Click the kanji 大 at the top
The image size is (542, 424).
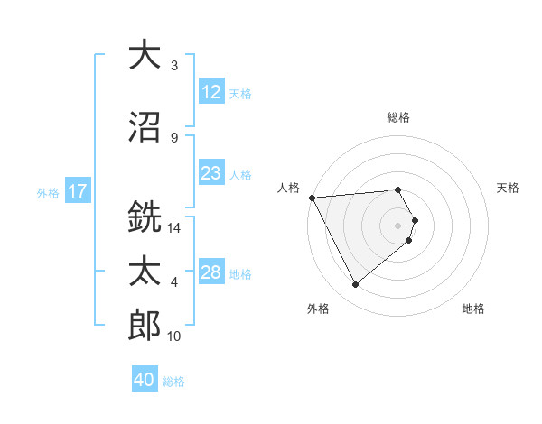click(x=145, y=55)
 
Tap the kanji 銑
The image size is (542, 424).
click(x=145, y=217)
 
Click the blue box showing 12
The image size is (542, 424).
click(x=211, y=93)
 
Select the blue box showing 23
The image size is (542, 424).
click(x=211, y=173)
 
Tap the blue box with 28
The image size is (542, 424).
click(x=211, y=272)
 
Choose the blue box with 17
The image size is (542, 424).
click(x=78, y=191)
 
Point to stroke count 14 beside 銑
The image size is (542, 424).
click(x=174, y=228)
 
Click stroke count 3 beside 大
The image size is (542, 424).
click(x=174, y=66)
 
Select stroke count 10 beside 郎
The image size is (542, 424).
click(x=174, y=336)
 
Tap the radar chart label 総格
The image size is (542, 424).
click(x=397, y=117)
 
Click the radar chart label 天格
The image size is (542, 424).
click(x=508, y=188)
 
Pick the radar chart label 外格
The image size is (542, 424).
click(x=318, y=309)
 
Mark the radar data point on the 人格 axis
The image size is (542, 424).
click(x=312, y=197)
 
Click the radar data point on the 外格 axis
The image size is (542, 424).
click(x=355, y=284)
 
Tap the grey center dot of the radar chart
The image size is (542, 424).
click(x=397, y=225)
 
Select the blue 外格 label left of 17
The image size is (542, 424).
click(x=47, y=192)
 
